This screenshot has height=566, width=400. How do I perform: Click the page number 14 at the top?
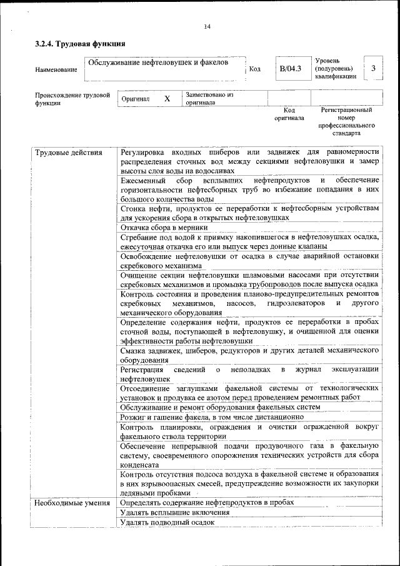(x=207, y=26)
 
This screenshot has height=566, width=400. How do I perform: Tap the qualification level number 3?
(x=373, y=68)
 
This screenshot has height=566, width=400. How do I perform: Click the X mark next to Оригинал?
(x=167, y=99)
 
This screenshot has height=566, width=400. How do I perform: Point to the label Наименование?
(x=56, y=69)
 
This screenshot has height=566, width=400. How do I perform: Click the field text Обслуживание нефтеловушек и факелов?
(x=158, y=63)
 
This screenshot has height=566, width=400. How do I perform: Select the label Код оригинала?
(x=289, y=114)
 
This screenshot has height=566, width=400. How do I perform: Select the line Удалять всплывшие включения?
(x=174, y=512)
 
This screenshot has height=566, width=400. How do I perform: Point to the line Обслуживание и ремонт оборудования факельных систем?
(x=221, y=407)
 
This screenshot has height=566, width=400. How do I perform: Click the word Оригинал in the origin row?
(x=136, y=99)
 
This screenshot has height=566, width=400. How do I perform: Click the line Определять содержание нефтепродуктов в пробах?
(x=207, y=502)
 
